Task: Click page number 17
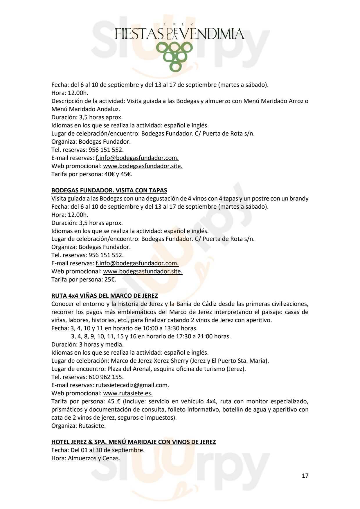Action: pyautogui.click(x=305, y=476)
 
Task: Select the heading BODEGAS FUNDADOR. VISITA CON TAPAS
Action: pyautogui.click(x=109, y=190)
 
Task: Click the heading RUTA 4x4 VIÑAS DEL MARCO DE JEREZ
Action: pyautogui.click(x=105, y=296)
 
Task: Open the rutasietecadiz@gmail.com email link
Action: pyautogui.click(x=132, y=385)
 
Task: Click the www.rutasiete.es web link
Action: pyautogui.click(x=128, y=393)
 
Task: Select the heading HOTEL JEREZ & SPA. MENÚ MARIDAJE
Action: pyautogui.click(x=134, y=442)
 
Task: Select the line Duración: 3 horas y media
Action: pyautogui.click(x=87, y=345)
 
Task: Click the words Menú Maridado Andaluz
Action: pyautogui.click(x=86, y=109)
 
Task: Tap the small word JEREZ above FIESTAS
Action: pyautogui.click(x=174, y=25)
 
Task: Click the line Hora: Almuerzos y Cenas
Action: pyautogui.click(x=86, y=458)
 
